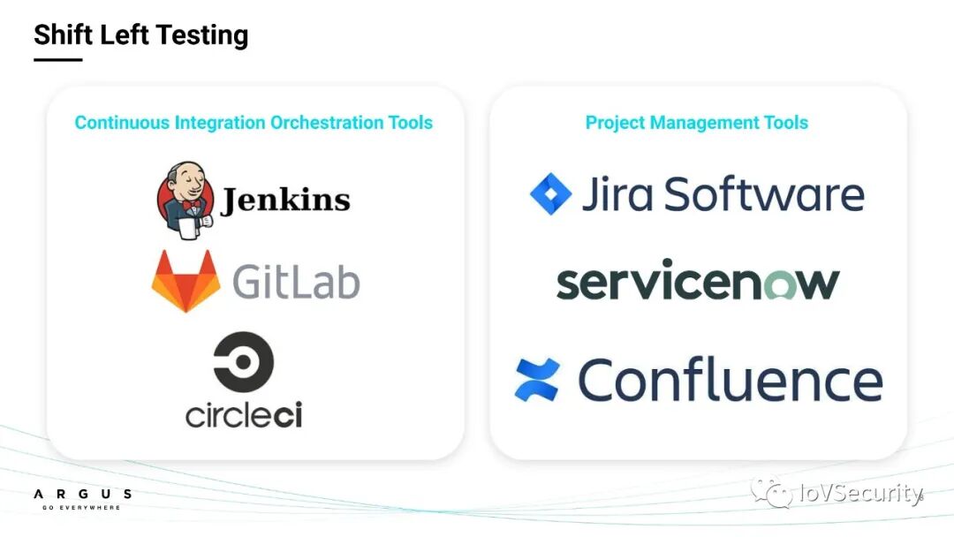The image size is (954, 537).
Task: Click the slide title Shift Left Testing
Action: coord(141,35)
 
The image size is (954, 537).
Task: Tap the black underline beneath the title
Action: coord(57,60)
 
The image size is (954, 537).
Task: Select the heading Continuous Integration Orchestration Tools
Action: coord(254,123)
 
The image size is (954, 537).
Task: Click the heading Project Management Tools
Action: coord(697,123)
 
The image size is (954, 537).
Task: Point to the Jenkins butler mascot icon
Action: coord(184,200)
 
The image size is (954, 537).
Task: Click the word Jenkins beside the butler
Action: coord(284,200)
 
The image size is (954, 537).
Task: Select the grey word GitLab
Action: coord(296,283)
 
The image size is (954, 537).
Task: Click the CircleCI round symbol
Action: coord(244,362)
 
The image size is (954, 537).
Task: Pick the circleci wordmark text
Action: coord(244,414)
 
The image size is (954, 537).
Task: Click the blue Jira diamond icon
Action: coord(551,194)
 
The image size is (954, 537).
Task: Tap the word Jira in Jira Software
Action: coord(617,194)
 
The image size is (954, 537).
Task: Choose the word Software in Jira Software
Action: coord(764,194)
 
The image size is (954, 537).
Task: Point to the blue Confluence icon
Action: coord(537,380)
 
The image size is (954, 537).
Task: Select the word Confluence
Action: coord(730,380)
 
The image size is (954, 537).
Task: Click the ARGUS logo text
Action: coord(82,494)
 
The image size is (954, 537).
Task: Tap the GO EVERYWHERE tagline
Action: coord(77,508)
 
